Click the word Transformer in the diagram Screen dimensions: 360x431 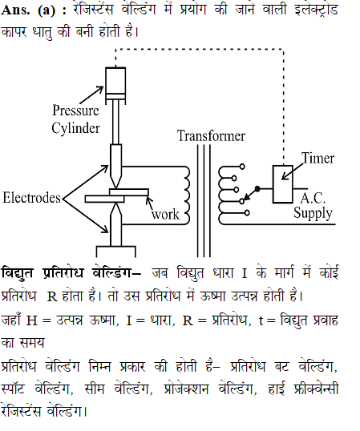click(x=211, y=136)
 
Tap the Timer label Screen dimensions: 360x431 click(x=318, y=158)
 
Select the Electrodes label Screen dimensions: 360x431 click(x=31, y=198)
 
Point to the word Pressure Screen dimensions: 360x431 click(x=75, y=111)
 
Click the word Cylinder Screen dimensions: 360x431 click(x=75, y=129)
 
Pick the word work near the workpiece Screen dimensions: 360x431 click(x=165, y=215)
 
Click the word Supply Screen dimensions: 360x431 click(x=313, y=213)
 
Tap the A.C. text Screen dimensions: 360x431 click(x=313, y=198)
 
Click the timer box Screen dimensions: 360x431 click(x=282, y=184)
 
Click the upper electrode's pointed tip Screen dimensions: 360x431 click(x=115, y=188)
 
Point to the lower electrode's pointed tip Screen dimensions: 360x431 click(x=115, y=203)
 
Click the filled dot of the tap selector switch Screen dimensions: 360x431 click(x=257, y=189)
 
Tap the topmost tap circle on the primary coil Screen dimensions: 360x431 click(x=242, y=167)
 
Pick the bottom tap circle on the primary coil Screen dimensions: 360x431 click(x=247, y=213)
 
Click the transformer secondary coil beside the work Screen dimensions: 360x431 click(x=187, y=195)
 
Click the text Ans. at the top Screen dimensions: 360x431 click(x=15, y=10)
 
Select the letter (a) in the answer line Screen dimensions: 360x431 click(x=47, y=10)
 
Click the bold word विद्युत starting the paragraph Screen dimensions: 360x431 click(x=17, y=273)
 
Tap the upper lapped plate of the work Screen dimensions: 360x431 click(x=129, y=191)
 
